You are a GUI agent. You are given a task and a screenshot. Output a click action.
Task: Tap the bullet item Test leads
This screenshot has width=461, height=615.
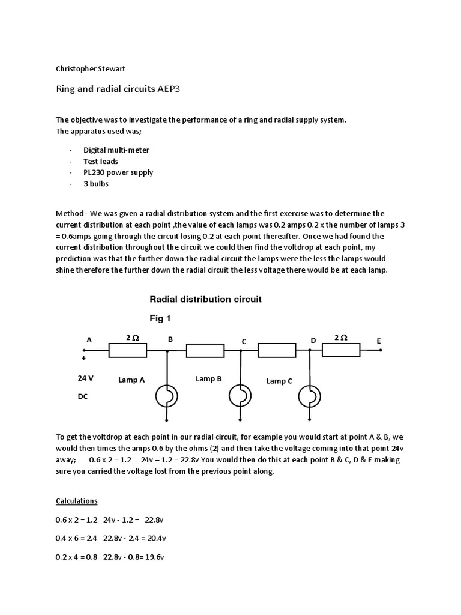(101, 161)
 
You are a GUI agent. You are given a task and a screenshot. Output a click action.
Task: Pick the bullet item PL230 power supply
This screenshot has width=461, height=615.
(118, 172)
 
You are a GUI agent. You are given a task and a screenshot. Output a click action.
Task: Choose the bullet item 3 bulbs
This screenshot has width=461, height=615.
(96, 184)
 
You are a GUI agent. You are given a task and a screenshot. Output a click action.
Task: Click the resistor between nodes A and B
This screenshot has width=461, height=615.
(128, 351)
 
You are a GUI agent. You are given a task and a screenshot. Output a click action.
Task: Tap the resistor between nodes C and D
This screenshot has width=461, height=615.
(276, 351)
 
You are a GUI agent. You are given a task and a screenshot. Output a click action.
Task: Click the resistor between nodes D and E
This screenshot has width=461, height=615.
(341, 351)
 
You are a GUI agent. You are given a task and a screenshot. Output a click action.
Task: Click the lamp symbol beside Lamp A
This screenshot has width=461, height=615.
(167, 396)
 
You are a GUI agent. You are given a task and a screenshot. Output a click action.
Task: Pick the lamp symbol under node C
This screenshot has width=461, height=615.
(240, 396)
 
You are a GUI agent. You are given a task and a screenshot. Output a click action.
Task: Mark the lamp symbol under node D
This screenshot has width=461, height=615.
(310, 396)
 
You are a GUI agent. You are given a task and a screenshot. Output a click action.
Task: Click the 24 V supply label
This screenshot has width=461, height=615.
(86, 379)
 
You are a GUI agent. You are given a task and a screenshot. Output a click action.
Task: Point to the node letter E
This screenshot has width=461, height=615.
(379, 341)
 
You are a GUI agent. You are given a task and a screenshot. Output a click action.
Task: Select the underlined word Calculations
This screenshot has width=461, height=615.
(76, 501)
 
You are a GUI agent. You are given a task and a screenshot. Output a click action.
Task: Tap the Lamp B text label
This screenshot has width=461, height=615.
(209, 379)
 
